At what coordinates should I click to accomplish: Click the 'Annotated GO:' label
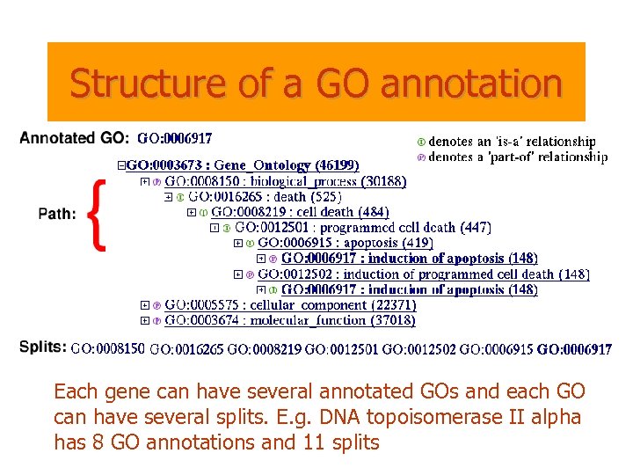point(74,137)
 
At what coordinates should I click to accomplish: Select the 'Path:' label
point(57,214)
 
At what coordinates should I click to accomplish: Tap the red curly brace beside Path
point(99,215)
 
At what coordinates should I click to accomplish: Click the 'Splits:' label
point(42,347)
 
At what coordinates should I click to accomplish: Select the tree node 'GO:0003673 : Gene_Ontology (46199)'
point(243,165)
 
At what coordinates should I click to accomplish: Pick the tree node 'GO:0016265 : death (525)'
point(265,196)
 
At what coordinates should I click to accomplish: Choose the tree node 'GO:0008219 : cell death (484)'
point(300,211)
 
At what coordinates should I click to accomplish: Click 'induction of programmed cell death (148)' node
point(423,274)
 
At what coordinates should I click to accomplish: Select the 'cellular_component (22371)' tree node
point(290,304)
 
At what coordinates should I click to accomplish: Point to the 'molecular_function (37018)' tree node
point(290,319)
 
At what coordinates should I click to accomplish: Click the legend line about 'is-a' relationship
point(511,141)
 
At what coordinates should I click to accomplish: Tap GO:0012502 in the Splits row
point(418,349)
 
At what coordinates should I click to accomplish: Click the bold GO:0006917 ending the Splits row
point(574,349)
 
